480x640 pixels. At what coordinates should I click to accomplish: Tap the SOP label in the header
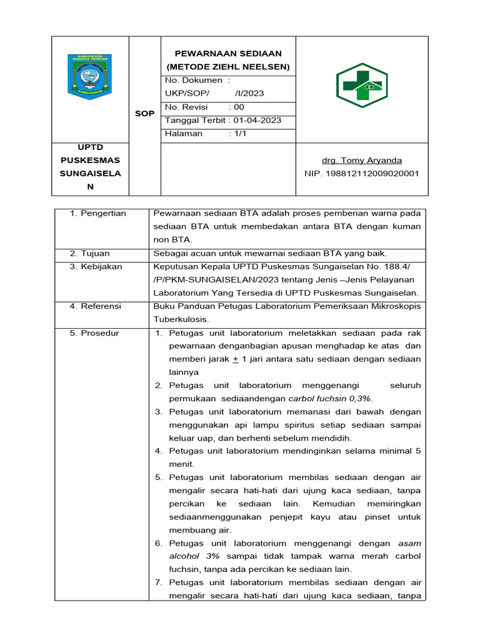(144, 113)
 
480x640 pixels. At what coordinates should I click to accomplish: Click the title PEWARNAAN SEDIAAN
(228, 54)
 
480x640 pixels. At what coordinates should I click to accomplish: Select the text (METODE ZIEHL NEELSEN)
(228, 67)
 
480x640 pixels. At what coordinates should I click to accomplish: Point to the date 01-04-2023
(257, 120)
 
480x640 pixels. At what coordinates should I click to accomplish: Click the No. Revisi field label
(186, 107)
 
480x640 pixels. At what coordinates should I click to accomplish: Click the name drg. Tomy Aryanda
(362, 160)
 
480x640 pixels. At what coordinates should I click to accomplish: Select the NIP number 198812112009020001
(371, 173)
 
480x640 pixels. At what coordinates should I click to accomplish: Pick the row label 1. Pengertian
(97, 213)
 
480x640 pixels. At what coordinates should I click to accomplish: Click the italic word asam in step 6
(409, 543)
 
